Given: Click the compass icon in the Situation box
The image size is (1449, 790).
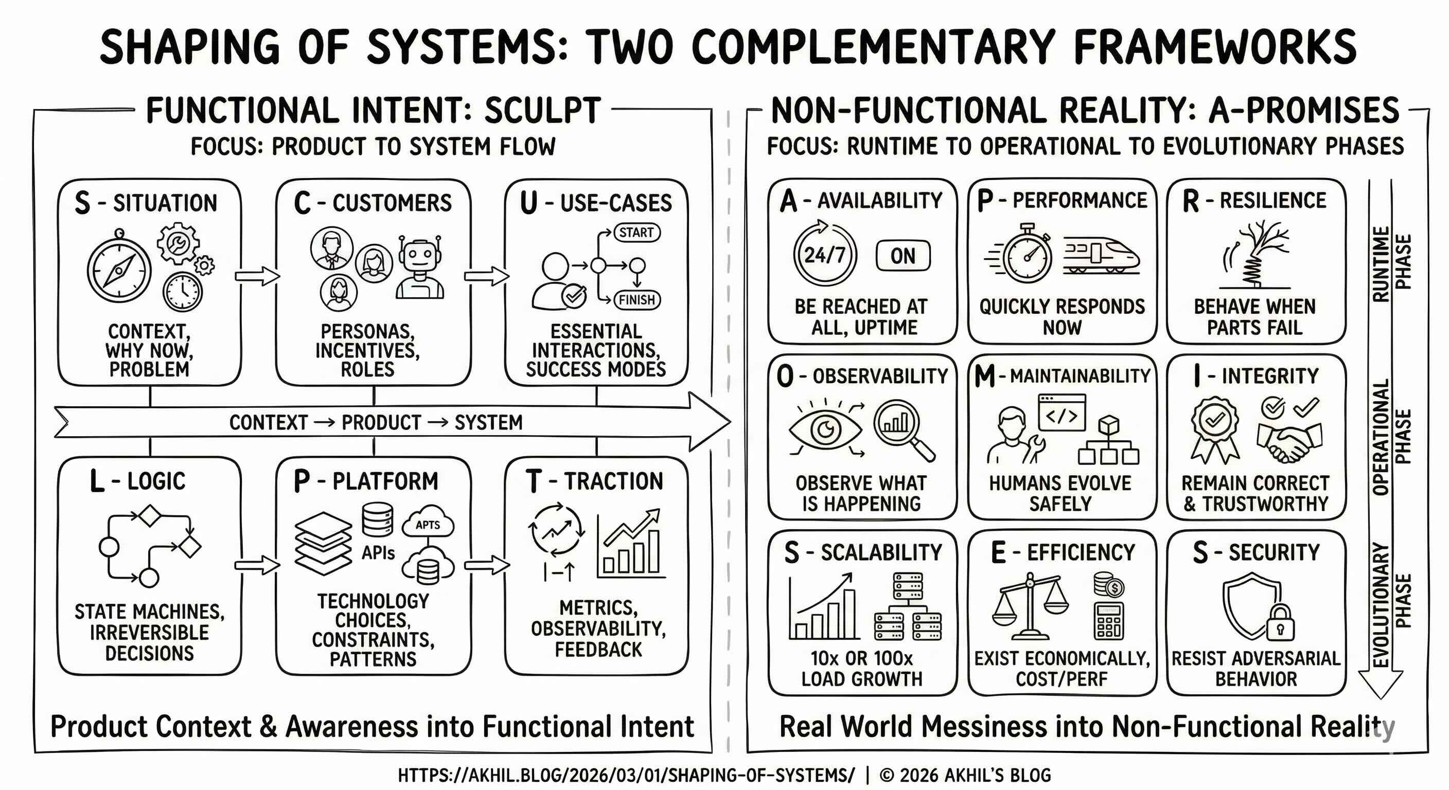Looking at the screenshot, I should [x=119, y=270].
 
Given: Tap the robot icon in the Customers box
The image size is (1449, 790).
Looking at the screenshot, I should [x=420, y=267].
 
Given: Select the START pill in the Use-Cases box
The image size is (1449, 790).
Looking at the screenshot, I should [x=637, y=232].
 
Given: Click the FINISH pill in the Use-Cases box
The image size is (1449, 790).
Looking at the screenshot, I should [x=637, y=300].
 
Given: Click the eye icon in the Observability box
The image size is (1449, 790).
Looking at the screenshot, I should [x=825, y=430].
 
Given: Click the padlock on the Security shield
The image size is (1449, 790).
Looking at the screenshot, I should [x=1280, y=622].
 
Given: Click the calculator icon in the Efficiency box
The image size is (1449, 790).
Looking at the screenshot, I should [x=1109, y=621].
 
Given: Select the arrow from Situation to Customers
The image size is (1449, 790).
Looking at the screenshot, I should [x=257, y=276].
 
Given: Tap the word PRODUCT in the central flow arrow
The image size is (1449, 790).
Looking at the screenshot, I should [x=381, y=423].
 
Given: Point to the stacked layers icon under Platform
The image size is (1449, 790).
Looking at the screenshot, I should [x=324, y=543].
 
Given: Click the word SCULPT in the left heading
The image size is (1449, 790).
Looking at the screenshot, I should [x=542, y=111].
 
